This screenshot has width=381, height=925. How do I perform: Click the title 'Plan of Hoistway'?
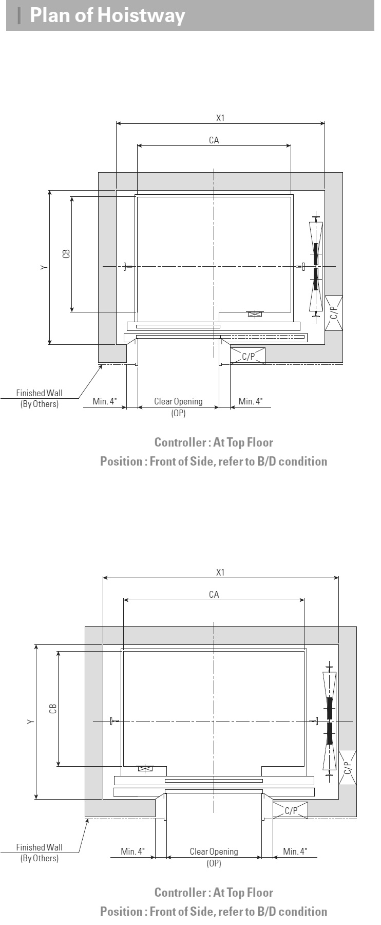coord(107,15)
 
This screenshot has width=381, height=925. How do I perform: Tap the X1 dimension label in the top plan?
coord(220,118)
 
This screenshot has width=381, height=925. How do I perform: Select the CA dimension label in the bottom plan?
coord(214,595)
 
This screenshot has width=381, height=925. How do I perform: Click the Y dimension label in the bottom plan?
coord(31,722)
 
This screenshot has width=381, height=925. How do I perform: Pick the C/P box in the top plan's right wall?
coord(334,313)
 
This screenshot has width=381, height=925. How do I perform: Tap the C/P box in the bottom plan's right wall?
coord(348,768)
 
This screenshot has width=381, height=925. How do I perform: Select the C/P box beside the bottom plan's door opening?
coord(291,810)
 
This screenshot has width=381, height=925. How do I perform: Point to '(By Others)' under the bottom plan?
coord(40,858)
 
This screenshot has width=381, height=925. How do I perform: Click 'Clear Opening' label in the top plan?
coord(178,401)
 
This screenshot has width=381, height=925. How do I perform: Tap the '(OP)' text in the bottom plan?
coord(214,863)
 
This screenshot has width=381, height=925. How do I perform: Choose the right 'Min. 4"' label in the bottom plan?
coord(295,852)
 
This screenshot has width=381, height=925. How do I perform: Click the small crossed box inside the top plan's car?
coord(255,313)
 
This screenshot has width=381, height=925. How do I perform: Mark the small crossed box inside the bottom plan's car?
coord(145,769)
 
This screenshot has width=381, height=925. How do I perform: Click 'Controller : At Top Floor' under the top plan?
coord(214,442)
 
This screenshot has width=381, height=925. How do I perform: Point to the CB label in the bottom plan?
coord(53,709)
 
